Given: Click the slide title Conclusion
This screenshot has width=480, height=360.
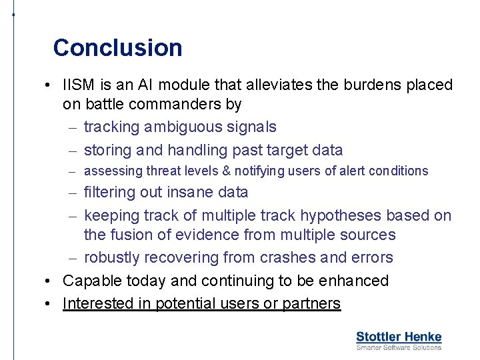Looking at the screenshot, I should (x=117, y=48).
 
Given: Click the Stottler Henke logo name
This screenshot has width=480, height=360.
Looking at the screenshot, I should (x=399, y=337).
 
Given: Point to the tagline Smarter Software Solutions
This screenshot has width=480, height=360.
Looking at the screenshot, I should (x=399, y=347).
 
